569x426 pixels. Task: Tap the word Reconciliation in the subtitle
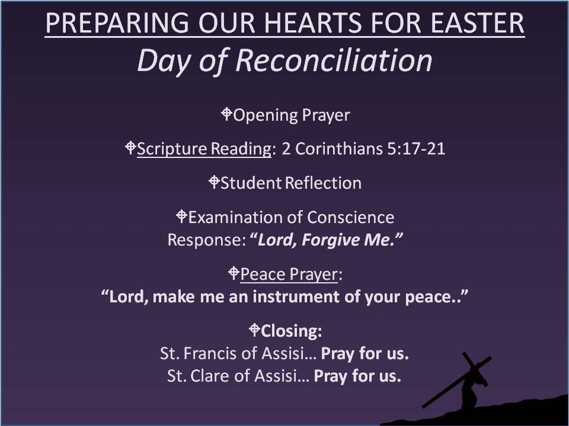click(334, 60)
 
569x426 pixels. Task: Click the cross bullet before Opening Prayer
click(226, 114)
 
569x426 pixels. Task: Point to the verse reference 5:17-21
click(416, 149)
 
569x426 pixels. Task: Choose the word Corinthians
click(339, 149)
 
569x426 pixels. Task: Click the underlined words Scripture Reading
click(204, 149)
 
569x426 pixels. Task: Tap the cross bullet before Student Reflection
click(214, 182)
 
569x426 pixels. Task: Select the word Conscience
click(350, 217)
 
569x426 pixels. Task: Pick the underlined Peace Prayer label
click(289, 274)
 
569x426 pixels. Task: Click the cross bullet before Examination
click(181, 217)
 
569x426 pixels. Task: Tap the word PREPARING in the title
click(117, 23)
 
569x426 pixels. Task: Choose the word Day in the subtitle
click(164, 61)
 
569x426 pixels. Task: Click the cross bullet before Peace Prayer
click(234, 273)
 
